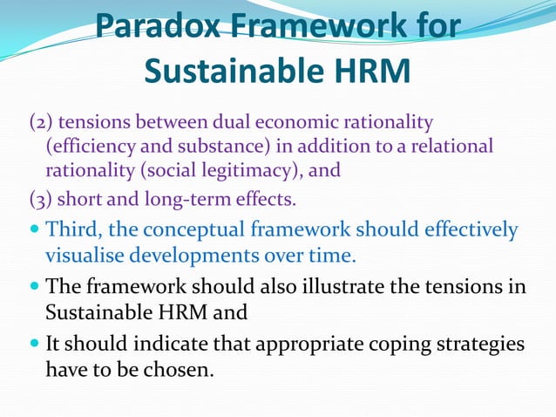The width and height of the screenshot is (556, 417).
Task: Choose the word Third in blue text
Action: tap(71, 230)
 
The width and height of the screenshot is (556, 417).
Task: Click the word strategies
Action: tap(480, 343)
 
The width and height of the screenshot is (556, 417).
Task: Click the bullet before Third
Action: tap(35, 231)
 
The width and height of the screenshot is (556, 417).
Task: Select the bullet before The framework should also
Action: tap(35, 287)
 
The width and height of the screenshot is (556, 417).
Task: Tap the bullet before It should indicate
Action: tap(35, 344)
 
